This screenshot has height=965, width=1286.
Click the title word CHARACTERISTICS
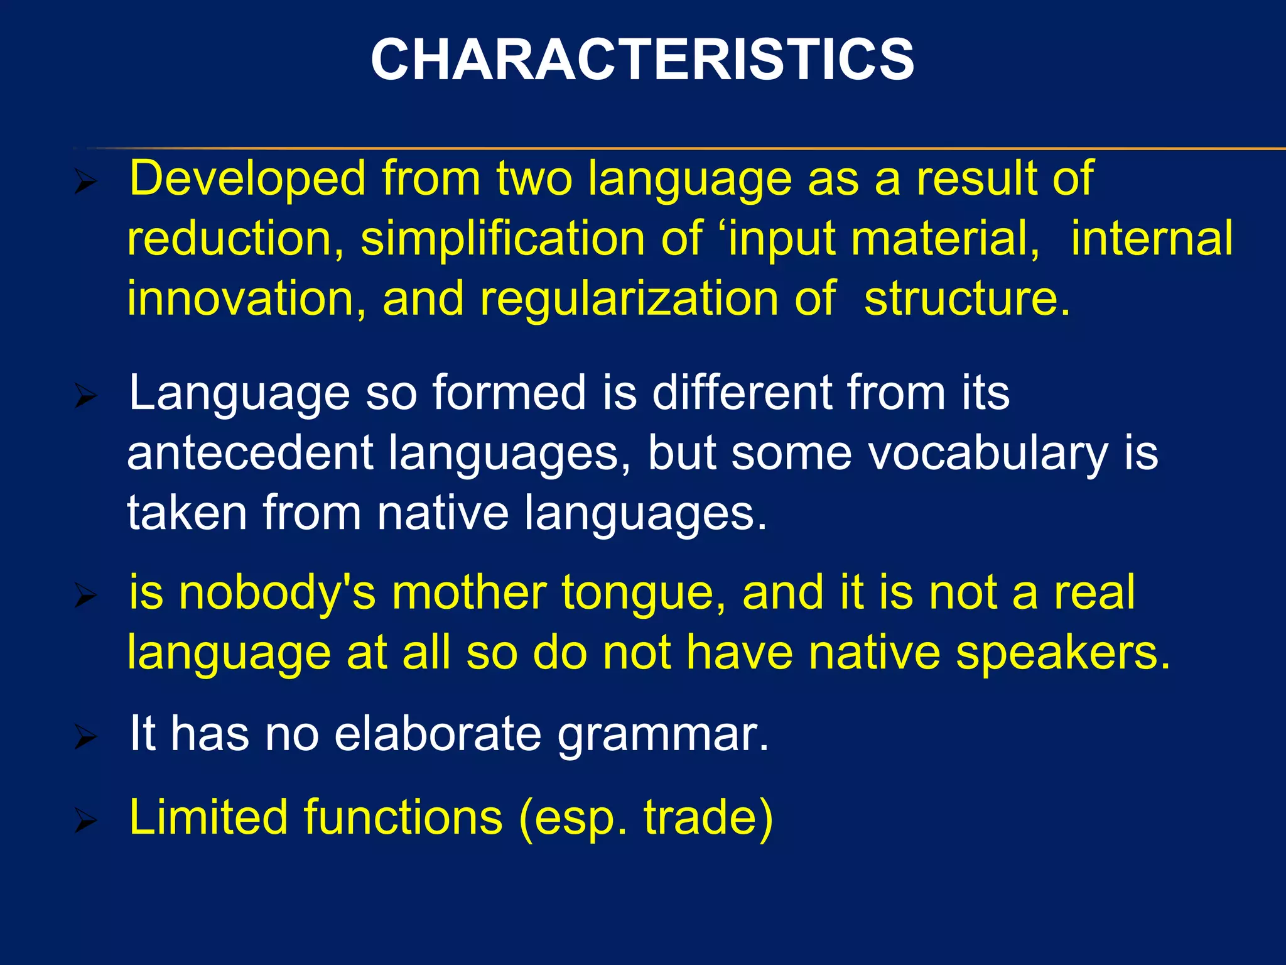tap(642, 60)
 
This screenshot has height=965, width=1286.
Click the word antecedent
tap(250, 454)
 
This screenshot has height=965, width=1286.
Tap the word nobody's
tap(277, 593)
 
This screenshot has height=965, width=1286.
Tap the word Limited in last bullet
tap(208, 817)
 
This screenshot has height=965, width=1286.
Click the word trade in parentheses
tap(701, 817)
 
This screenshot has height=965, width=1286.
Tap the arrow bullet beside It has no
tap(85, 737)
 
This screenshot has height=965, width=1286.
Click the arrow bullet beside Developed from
tap(85, 183)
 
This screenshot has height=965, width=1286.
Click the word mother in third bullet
tap(469, 593)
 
